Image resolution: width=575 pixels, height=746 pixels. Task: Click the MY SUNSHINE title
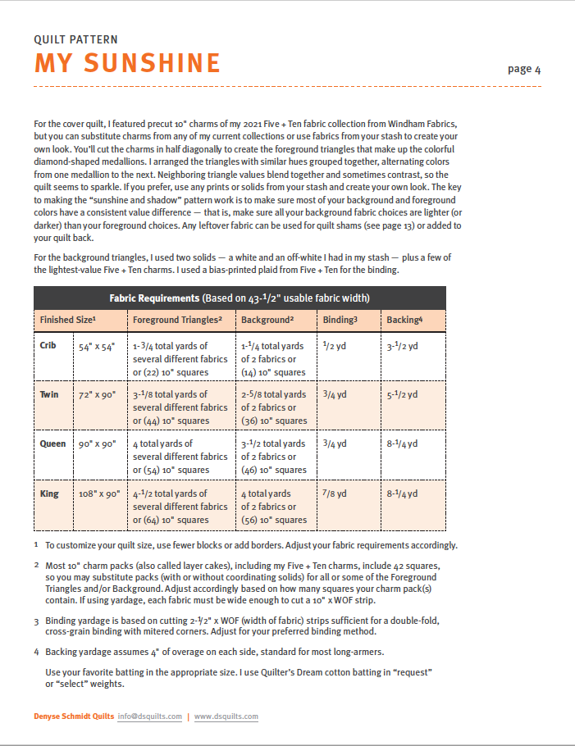[127, 63]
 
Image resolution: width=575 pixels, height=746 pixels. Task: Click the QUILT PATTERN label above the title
[75, 39]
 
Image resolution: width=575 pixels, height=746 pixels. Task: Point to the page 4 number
[524, 69]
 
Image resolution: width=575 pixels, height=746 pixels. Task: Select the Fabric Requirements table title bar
[240, 298]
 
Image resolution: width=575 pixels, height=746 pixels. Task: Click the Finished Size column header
[68, 320]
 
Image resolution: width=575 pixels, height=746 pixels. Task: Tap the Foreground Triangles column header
[178, 320]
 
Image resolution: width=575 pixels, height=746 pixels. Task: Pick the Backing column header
[404, 320]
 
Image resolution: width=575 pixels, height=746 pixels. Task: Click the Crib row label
[48, 345]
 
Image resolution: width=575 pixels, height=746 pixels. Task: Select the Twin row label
[49, 394]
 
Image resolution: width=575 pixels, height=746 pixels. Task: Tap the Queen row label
[52, 444]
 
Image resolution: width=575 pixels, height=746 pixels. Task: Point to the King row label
[48, 494]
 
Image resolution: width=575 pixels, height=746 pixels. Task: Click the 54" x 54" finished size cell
[98, 346]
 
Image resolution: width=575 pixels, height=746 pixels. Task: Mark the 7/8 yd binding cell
[335, 494]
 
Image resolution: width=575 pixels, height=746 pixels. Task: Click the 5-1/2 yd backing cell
[402, 394]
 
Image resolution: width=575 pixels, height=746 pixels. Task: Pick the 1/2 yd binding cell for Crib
[335, 345]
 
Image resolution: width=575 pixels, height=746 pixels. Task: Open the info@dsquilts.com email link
[149, 716]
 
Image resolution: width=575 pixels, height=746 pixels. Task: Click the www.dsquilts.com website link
[226, 716]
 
